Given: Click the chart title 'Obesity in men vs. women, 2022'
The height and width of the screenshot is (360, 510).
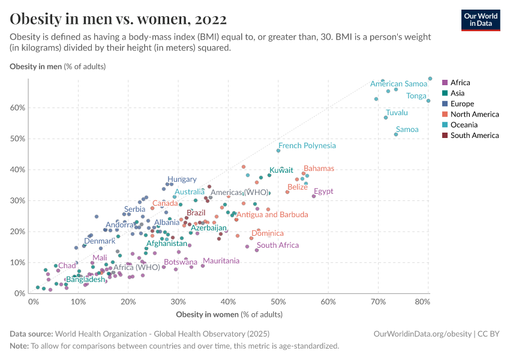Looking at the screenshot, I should coord(118,19).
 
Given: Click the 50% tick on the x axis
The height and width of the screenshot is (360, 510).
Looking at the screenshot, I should coord(278,302).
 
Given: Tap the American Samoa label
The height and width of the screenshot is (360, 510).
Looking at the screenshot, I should coord(398,84).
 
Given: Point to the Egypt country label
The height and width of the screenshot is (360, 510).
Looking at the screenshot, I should coord(323,192).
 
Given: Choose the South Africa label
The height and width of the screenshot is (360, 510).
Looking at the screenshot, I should coord(278,245).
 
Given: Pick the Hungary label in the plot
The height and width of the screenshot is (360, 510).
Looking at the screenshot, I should coord(182,179).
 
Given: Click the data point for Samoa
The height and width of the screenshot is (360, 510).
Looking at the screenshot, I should coord(396,134).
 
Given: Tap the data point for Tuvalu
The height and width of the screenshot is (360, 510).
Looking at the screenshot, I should coord(386,118).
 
